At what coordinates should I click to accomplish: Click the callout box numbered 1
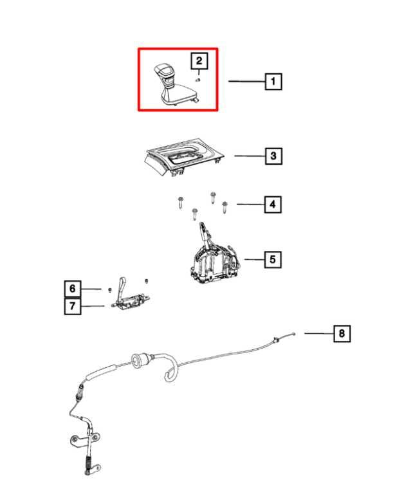click(x=273, y=82)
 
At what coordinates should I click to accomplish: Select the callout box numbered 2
click(x=199, y=61)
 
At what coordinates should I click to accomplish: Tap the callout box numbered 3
click(x=273, y=156)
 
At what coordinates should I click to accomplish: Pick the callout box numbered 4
click(x=273, y=205)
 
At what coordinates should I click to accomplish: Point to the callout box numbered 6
click(x=73, y=289)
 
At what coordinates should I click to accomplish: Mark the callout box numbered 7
click(x=73, y=307)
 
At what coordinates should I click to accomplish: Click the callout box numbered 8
click(x=342, y=333)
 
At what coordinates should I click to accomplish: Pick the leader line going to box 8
click(x=317, y=333)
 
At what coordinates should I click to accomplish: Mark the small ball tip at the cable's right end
click(x=293, y=333)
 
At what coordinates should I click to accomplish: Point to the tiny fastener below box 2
click(x=199, y=80)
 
